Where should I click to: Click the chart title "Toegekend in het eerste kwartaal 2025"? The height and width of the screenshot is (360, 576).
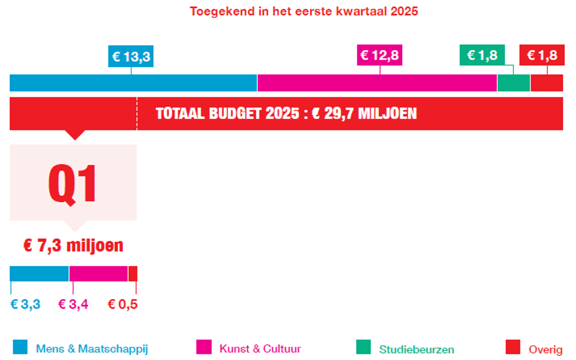coord(304,11)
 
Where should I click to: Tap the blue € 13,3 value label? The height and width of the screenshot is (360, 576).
coord(131,56)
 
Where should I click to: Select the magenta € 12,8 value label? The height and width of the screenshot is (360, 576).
coord(379,55)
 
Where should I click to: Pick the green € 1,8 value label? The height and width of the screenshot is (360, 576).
coord(482,55)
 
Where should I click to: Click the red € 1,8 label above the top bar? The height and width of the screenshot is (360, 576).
coord(542,55)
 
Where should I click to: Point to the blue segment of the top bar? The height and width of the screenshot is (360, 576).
coord(133,83)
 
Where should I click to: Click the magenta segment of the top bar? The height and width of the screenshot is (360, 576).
coord(377,83)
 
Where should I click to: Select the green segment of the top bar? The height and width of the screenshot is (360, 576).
coord(513,83)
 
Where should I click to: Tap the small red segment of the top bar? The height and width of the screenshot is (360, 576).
coord(547,83)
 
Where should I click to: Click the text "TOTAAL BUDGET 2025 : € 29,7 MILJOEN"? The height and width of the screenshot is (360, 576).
coord(286,113)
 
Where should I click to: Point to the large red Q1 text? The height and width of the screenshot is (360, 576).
coord(73,184)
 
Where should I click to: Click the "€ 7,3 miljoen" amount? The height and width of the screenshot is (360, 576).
coord(73,246)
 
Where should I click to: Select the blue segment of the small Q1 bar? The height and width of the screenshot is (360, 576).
coord(39,274)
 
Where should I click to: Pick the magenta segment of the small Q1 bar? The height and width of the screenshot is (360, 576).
coord(99,274)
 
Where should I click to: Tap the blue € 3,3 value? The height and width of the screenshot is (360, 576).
coord(26,305)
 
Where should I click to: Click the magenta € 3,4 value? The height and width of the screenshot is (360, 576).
coord(73,305)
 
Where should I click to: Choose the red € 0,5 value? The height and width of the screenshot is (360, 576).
coord(122,305)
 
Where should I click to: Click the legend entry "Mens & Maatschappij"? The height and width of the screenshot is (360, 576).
coord(92,349)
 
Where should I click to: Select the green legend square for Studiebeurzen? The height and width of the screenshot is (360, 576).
coord(364,347)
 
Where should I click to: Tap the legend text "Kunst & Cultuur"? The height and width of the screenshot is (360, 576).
coord(260,349)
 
